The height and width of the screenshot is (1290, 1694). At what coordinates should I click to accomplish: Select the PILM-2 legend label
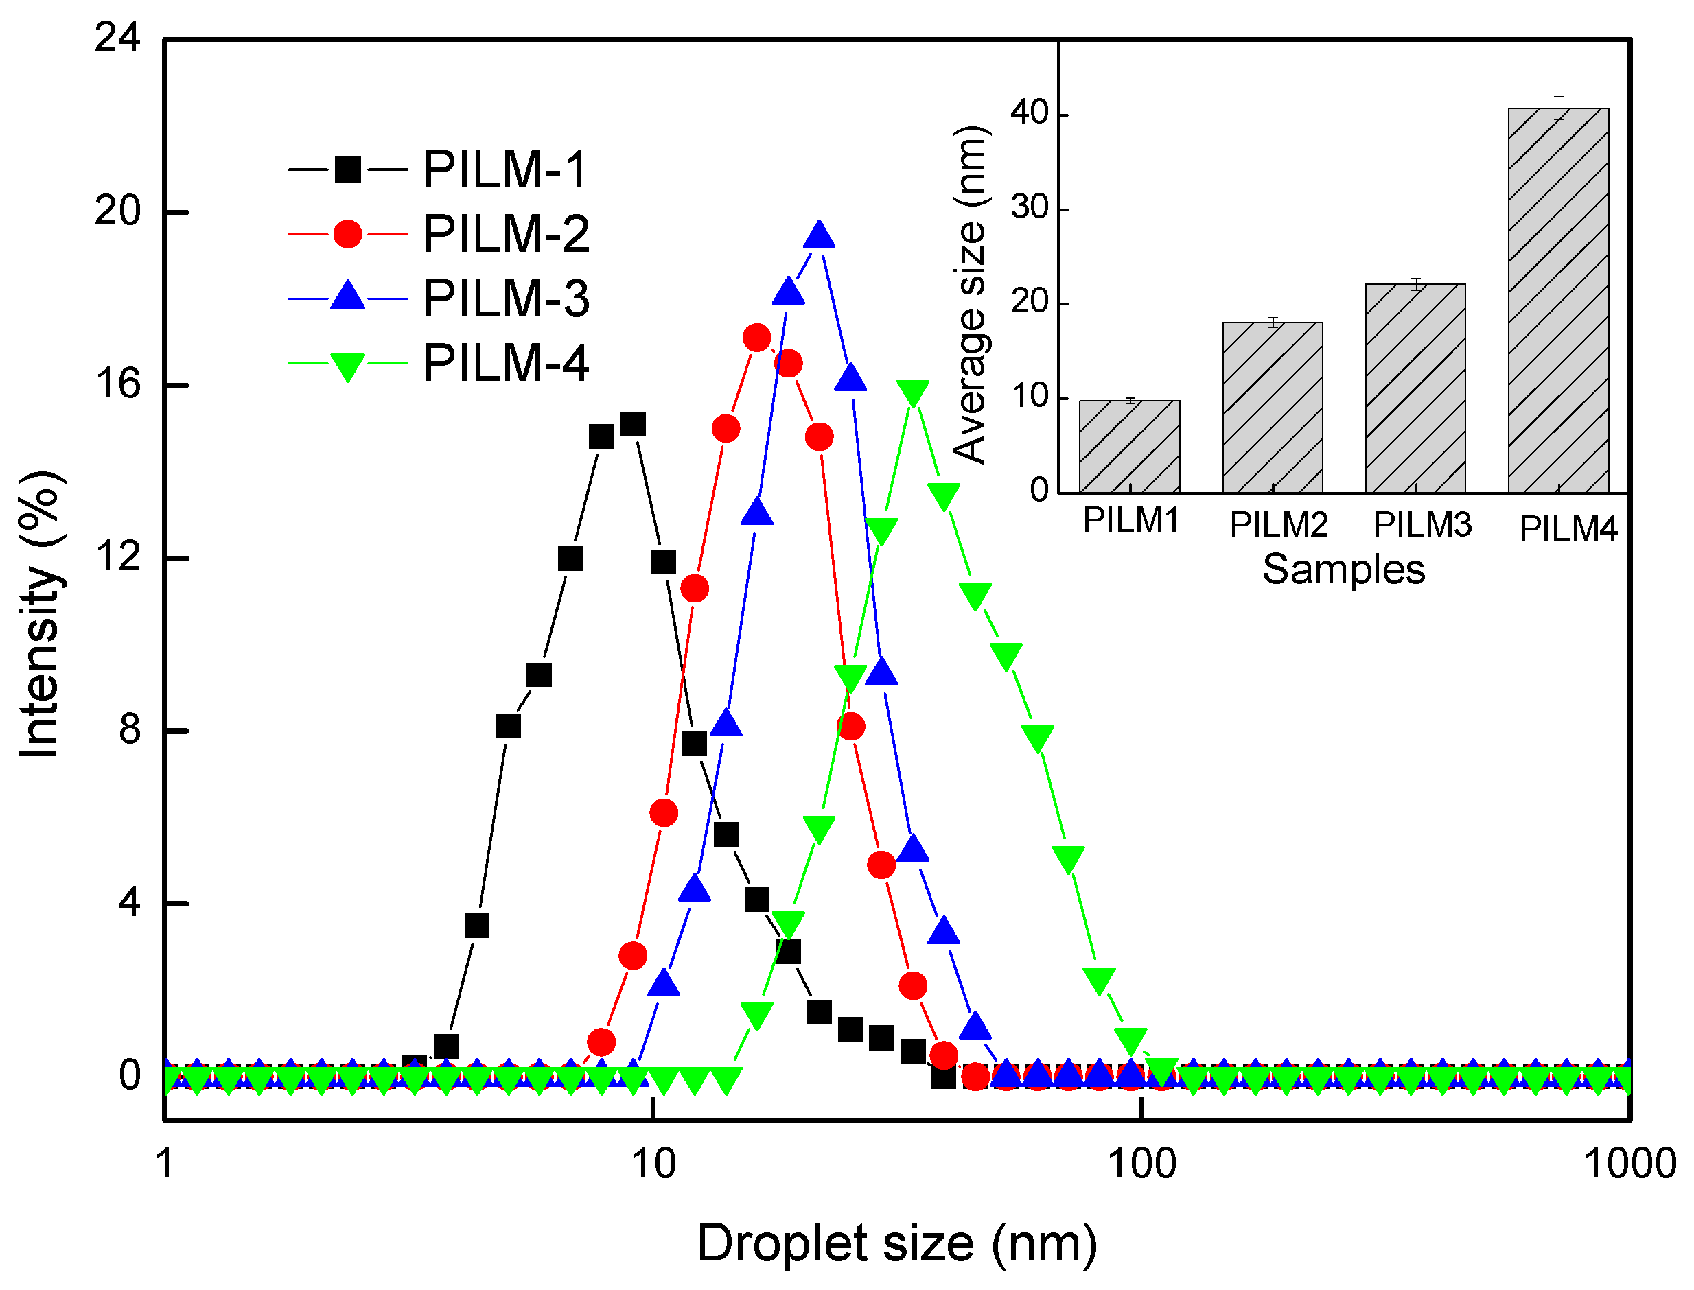(506, 233)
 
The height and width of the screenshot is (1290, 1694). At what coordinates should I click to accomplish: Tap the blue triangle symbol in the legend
(348, 296)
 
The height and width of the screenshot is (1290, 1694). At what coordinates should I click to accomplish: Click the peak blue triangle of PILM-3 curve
(820, 235)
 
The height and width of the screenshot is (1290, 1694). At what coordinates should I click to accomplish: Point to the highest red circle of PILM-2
(757, 337)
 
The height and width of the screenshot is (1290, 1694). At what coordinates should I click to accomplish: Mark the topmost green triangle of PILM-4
(913, 393)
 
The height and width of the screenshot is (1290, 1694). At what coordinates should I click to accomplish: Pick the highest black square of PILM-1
(633, 424)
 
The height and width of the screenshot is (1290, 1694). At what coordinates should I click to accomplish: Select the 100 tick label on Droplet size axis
(1142, 1163)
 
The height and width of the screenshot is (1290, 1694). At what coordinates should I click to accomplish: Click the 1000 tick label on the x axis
(1629, 1163)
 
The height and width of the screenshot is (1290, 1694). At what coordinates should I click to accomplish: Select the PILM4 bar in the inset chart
(1558, 299)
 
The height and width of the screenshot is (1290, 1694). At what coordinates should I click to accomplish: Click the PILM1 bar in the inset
(1130, 446)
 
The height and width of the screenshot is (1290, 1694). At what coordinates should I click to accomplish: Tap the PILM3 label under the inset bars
(1422, 525)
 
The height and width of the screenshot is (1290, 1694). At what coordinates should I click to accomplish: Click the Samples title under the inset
(1344, 570)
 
